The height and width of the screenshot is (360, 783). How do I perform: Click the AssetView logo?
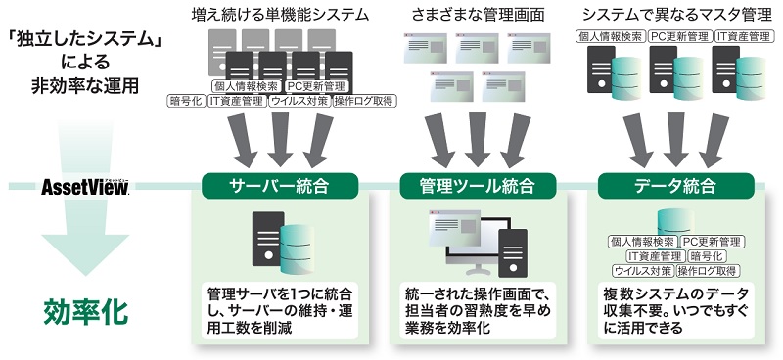click(85, 186)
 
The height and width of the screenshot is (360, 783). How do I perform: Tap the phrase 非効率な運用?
click(85, 86)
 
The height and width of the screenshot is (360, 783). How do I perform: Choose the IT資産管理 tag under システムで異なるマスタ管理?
click(739, 36)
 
